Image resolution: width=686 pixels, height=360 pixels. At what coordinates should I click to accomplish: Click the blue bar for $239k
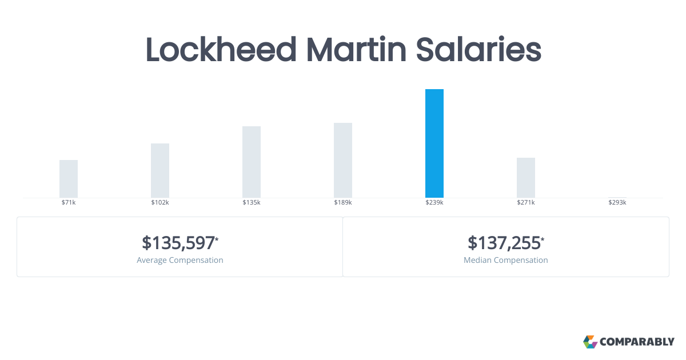(434, 143)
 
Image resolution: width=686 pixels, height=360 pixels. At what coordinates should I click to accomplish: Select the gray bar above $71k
(69, 179)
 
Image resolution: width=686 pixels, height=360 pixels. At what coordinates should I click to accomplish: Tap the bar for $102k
(160, 170)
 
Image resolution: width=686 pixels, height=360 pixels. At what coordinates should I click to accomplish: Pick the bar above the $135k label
(252, 162)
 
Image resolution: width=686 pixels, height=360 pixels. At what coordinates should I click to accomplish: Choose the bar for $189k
(343, 160)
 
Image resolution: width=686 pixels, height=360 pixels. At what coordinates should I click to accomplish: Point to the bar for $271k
(526, 178)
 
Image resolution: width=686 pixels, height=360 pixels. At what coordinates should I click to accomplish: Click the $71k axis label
(69, 203)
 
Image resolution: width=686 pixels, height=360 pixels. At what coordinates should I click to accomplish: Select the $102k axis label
(160, 203)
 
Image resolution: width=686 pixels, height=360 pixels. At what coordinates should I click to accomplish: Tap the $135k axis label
(252, 203)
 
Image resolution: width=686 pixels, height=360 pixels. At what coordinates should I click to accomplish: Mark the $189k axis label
(343, 203)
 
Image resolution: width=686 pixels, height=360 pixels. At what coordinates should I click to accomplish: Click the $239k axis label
(434, 203)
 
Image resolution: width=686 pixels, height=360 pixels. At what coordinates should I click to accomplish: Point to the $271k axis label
(526, 203)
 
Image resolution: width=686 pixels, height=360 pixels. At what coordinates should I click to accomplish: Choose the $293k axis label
(617, 203)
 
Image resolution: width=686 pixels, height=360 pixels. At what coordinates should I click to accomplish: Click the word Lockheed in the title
(221, 50)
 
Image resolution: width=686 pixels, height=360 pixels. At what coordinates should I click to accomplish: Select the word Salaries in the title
(478, 50)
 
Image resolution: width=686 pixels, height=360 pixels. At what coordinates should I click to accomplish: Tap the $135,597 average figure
(178, 243)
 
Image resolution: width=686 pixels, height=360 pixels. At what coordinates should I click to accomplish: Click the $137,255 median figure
(504, 243)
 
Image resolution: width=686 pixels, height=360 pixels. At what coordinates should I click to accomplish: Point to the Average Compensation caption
(180, 261)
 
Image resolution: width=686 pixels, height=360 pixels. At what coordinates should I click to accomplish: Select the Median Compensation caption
(506, 261)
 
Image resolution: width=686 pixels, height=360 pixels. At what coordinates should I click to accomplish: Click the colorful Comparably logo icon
(590, 342)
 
